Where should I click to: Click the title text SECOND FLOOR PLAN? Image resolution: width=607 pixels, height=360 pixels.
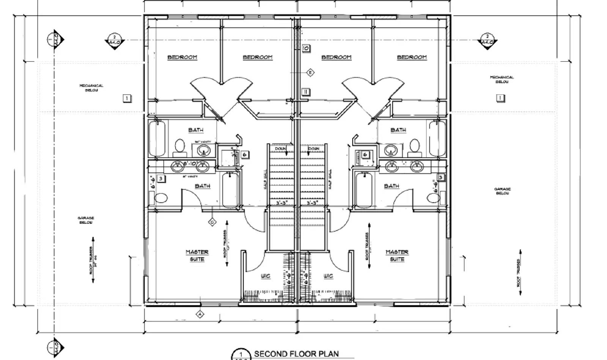tap(296, 354)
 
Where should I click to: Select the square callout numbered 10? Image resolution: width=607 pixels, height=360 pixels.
tap(306, 48)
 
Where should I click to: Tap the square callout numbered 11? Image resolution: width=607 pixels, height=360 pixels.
tap(306, 92)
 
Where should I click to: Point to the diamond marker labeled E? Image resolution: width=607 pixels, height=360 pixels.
tap(310, 72)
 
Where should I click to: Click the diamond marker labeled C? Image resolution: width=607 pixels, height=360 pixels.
tap(212, 222)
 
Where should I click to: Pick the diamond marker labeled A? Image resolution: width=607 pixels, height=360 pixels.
tap(200, 314)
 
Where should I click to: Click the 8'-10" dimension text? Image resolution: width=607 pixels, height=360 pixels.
tap(189, 164)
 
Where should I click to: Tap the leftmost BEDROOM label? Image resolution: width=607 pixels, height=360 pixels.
tap(182, 57)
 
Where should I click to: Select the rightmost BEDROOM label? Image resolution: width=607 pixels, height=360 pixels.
tap(412, 57)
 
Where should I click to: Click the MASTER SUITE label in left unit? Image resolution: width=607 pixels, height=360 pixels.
tap(197, 255)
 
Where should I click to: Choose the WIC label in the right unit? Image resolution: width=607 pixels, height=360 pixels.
tap(328, 276)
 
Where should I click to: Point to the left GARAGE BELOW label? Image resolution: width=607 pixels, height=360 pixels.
tap(86, 220)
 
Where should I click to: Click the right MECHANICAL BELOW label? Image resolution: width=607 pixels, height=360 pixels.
tap(502, 79)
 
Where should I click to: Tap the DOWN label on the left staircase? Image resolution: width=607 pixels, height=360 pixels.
tap(281, 148)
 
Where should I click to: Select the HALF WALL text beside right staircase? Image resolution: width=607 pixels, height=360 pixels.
tap(330, 179)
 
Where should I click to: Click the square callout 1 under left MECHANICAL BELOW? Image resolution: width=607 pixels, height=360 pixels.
tap(127, 98)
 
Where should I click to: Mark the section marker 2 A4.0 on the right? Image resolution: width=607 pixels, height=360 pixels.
tap(487, 40)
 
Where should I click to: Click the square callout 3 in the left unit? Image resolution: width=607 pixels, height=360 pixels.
tap(160, 178)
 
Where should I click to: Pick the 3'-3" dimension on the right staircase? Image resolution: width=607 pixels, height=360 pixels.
tap(313, 203)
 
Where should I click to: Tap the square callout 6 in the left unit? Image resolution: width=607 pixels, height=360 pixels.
tap(245, 154)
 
